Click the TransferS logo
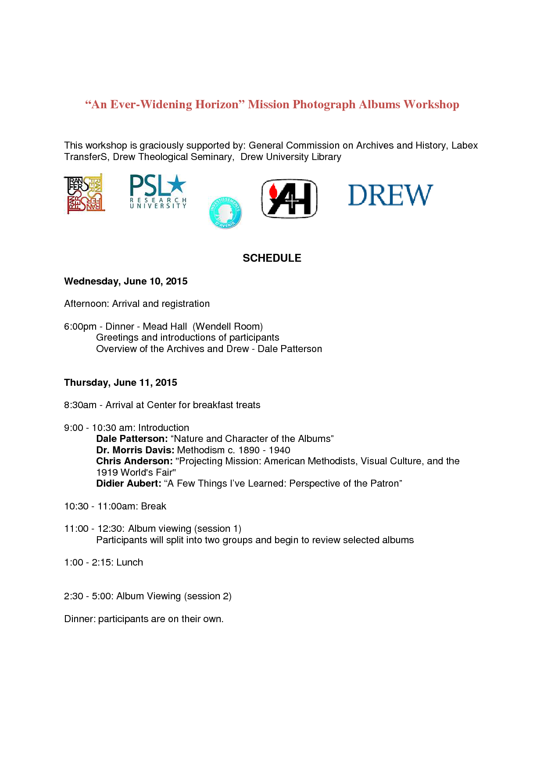[85, 194]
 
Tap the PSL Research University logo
[158, 192]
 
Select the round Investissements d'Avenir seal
[225, 213]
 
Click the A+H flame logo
[289, 199]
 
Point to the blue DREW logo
[390, 195]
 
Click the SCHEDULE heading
[272, 258]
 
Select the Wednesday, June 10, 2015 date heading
[126, 281]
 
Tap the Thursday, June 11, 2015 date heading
[121, 383]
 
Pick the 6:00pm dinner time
[80, 327]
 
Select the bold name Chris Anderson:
[134, 461]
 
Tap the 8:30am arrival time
[80, 405]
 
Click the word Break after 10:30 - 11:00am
[154, 506]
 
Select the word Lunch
[130, 563]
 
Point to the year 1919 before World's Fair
[107, 473]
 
